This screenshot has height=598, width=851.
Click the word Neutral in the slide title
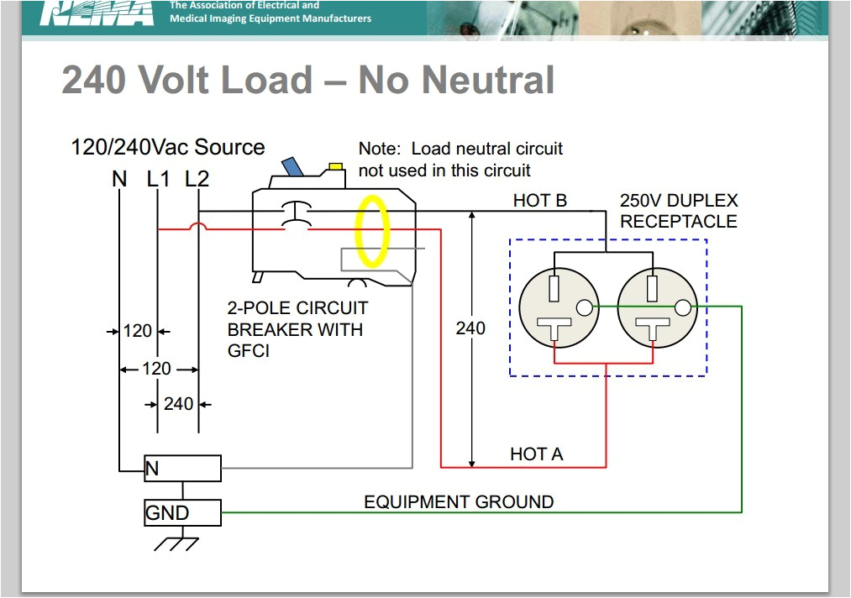pos(456,80)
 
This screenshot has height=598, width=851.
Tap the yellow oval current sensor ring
pos(372,232)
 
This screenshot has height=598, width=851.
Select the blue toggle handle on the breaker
pos(292,166)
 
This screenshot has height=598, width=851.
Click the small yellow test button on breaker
pos(336,167)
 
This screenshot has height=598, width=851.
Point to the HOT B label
pos(539,201)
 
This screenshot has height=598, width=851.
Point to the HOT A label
pos(536,454)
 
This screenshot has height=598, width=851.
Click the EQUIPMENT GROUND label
pos(458,502)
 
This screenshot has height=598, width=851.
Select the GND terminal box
pos(182,512)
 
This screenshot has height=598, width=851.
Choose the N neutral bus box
pos(182,469)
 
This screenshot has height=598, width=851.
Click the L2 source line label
pos(197,178)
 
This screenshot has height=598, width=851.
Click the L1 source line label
pos(158,178)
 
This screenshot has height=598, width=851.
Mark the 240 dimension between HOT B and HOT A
pos(470,328)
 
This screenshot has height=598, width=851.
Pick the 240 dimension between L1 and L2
pos(178,404)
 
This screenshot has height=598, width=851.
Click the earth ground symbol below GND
pos(177,541)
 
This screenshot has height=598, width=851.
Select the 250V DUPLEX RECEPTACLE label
pos(678,212)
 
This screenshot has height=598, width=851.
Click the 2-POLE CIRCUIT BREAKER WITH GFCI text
pos(297,329)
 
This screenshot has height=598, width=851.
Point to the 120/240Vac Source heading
pos(168,148)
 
